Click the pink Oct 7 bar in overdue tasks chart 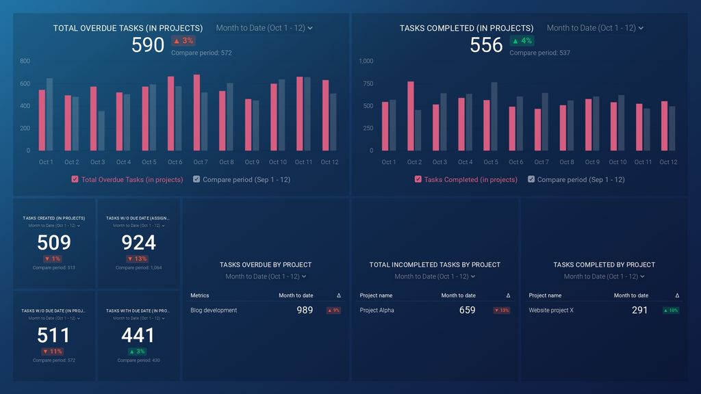point(196,113)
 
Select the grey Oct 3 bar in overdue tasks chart point(101,131)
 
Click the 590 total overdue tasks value point(148,45)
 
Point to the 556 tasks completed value point(486,45)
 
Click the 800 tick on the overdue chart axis point(25,62)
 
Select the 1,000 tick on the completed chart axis point(366,62)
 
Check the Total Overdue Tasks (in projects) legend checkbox point(75,179)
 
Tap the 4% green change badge point(522,41)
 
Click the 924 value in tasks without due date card point(138,243)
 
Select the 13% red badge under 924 point(138,259)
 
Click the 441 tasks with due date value point(138,335)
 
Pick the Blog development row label point(214,311)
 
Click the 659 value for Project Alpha point(467,311)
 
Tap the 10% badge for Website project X point(670,311)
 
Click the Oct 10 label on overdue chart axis point(278,162)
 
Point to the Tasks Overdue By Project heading point(266,265)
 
